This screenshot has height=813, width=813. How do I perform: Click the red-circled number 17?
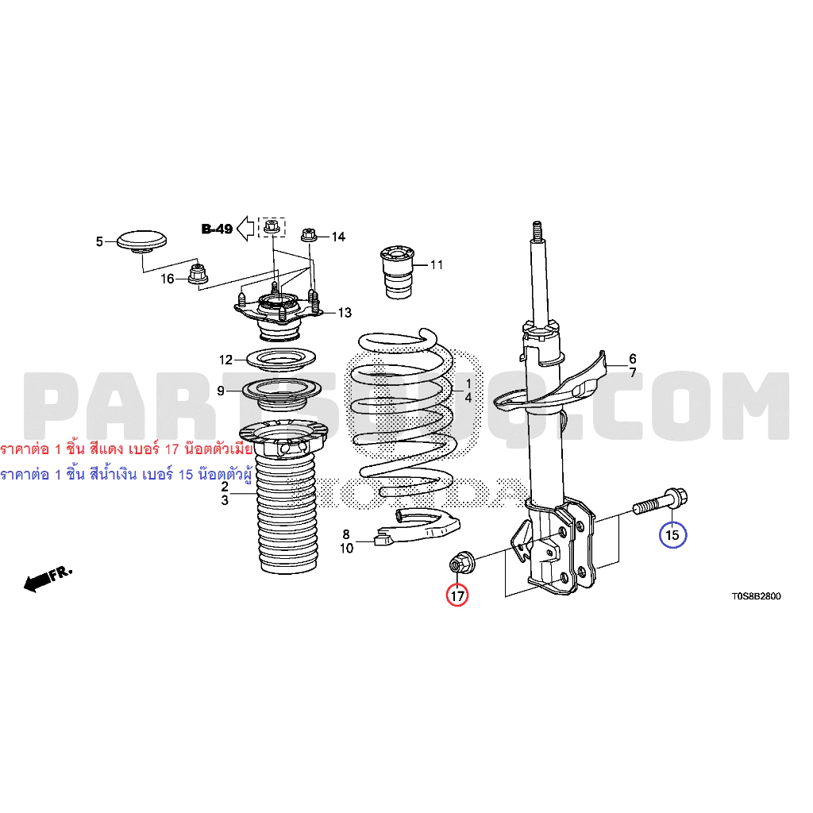[457, 595]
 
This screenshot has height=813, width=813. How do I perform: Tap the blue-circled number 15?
[672, 534]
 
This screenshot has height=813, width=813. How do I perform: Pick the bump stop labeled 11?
[398, 272]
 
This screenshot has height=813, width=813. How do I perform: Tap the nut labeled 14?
[309, 235]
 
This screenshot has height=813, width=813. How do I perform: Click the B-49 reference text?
[217, 229]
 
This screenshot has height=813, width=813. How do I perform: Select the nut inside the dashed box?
[272, 226]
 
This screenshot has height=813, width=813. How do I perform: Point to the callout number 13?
[345, 313]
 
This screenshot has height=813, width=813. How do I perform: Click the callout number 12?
[225, 360]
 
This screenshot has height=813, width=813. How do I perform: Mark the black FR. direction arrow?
[48, 579]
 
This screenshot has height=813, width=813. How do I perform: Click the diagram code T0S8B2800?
[756, 596]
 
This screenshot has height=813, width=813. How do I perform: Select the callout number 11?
[437, 265]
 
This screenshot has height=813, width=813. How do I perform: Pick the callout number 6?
[633, 358]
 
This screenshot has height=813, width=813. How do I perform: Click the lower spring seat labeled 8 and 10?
[418, 527]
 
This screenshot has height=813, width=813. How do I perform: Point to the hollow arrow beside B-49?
[245, 229]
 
